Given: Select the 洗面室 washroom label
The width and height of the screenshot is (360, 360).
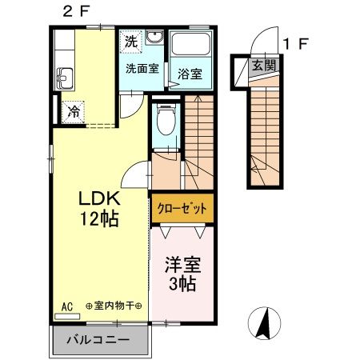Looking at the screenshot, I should click(141, 69).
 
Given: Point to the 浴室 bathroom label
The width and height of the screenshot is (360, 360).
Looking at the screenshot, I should click(190, 73).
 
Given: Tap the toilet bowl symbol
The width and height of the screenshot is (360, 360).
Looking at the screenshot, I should click(166, 122).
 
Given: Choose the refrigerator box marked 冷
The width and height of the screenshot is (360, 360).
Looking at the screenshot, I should click(73, 111).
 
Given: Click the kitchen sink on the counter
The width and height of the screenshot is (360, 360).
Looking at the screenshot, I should click(65, 78).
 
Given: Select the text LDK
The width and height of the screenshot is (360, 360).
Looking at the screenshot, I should click(98, 198).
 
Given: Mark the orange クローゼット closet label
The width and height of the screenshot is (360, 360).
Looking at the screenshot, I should click(182, 207).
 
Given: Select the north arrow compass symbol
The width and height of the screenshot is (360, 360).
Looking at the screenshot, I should click(266, 323).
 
